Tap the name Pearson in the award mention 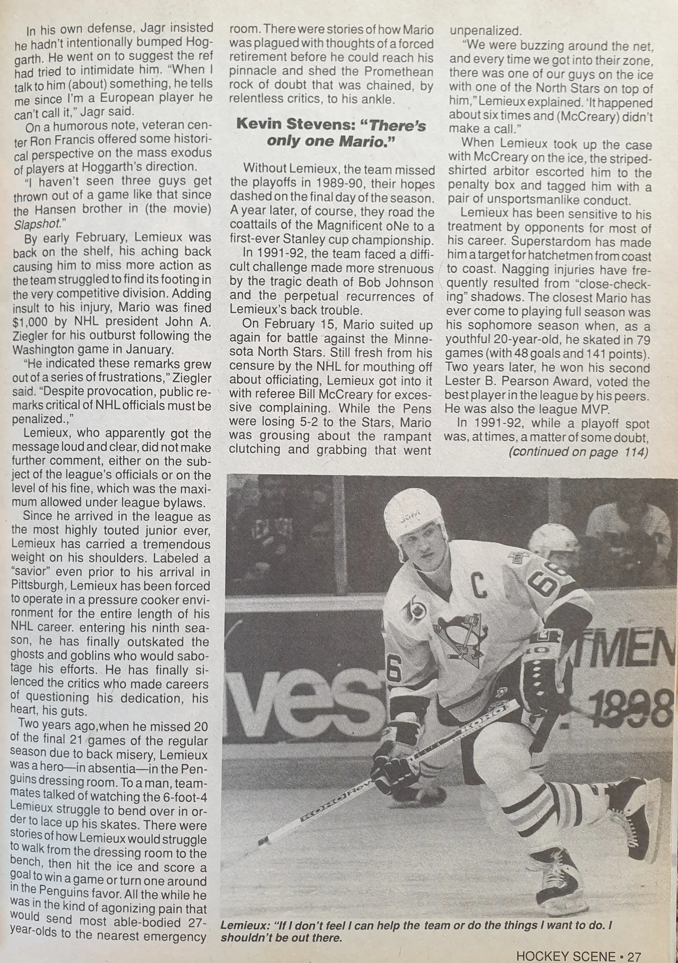(526, 382)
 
